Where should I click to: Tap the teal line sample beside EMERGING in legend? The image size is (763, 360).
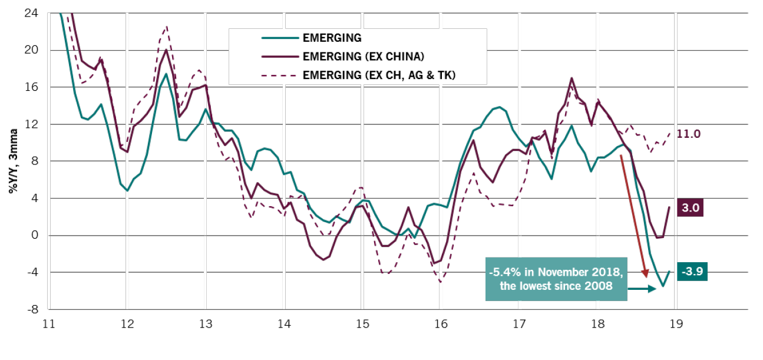click(278, 38)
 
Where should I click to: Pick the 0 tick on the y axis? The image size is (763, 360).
click(34, 235)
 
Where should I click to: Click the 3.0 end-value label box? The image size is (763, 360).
click(691, 208)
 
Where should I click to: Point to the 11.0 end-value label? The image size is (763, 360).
click(688, 134)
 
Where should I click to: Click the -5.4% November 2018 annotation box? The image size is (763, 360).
click(556, 279)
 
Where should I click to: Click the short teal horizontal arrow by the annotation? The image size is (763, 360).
click(642, 289)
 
